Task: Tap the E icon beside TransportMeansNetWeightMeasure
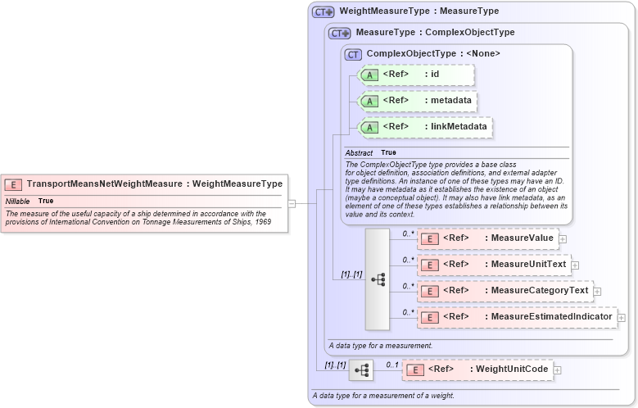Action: point(13,184)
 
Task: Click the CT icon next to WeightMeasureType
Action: point(323,11)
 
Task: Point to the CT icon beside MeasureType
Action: point(339,34)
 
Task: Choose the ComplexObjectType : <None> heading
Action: point(433,53)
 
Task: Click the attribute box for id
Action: point(416,75)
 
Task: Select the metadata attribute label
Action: point(450,101)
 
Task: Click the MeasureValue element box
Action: point(487,238)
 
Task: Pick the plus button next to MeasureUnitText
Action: point(575,265)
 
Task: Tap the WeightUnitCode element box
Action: point(477,369)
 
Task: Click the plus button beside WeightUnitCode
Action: point(558,370)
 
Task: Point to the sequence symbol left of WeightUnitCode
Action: point(361,370)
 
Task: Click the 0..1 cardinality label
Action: point(391,364)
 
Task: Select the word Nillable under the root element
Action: point(18,201)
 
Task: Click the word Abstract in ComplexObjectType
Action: point(359,153)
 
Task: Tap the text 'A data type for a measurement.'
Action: point(380,346)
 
